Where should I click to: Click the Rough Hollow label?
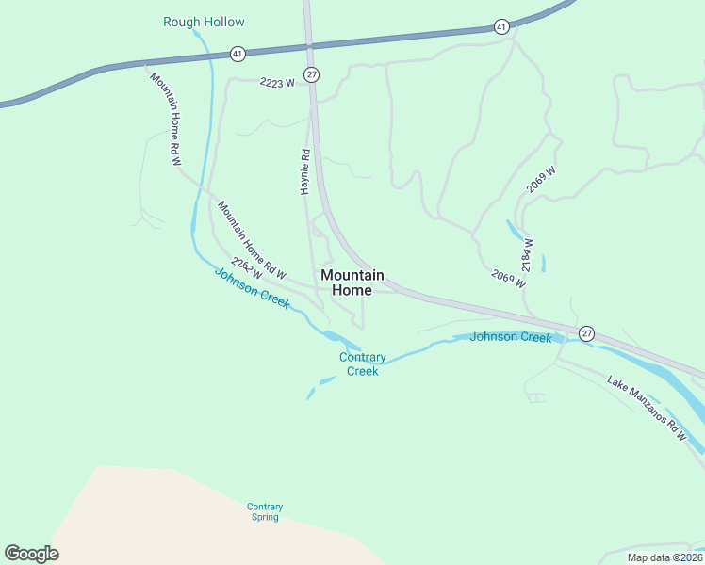coord(204,22)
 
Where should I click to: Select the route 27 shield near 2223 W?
coord(312,73)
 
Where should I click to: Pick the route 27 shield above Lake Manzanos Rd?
coord(587,333)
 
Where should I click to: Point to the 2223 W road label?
coord(277,83)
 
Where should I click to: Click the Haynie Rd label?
coord(305,171)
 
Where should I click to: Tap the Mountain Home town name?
coord(352,282)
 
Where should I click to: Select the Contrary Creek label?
coord(362,364)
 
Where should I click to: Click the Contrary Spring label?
coord(265,511)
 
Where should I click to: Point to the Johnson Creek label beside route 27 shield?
coord(510,337)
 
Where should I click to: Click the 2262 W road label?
coord(246,269)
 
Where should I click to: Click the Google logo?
coord(31,554)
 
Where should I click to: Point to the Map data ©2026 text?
coord(665,557)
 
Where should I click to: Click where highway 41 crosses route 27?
coord(308,44)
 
